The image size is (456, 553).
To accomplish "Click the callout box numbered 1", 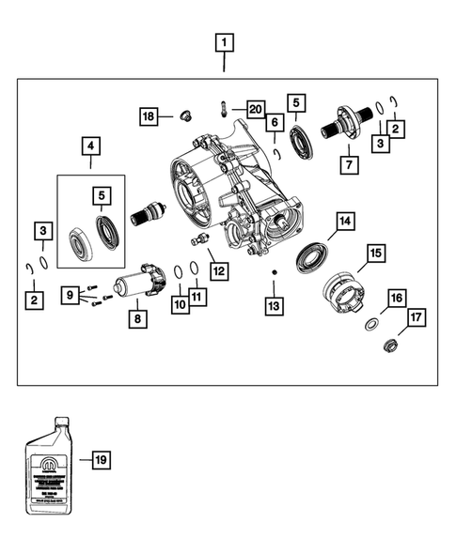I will (x=224, y=42).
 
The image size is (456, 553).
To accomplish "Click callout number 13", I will (x=274, y=306).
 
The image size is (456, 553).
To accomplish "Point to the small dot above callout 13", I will (x=274, y=273).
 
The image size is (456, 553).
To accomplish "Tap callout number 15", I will (x=375, y=253).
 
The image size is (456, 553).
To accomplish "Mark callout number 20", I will (x=256, y=111).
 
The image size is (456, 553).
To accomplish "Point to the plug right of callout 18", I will (x=184, y=116).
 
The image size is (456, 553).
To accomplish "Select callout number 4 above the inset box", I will (x=89, y=146).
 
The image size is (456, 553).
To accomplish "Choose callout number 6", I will (x=275, y=121).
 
